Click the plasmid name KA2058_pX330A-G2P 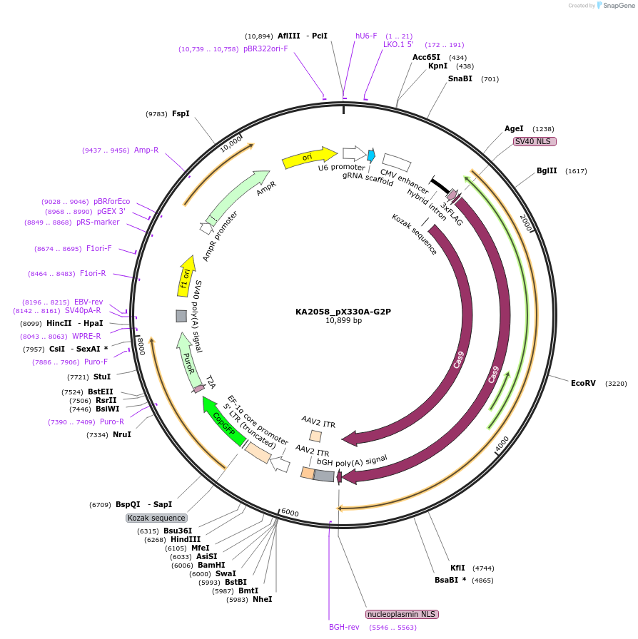[x=343, y=311]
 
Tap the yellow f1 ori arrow [x=186, y=276]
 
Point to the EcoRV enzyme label [x=583, y=383]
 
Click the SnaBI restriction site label [x=460, y=78]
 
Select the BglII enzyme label [x=547, y=171]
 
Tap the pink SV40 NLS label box [x=535, y=141]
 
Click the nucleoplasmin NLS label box [x=402, y=614]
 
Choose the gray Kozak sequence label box [x=157, y=518]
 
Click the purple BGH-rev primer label [x=344, y=627]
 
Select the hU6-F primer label [x=366, y=36]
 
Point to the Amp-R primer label [x=146, y=150]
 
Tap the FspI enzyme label [x=181, y=113]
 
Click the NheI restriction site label [x=262, y=599]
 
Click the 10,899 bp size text [x=343, y=321]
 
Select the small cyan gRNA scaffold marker [x=371, y=155]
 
